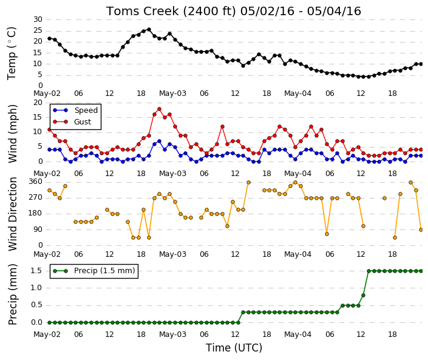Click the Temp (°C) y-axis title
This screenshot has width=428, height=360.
coord(12,53)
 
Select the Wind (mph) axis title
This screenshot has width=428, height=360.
coord(12,134)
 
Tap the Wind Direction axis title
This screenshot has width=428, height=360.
coord(12,214)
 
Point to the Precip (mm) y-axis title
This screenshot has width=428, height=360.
coord(12,294)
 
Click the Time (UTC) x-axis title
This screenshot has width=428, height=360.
coord(234,348)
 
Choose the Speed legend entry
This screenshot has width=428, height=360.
coord(75,110)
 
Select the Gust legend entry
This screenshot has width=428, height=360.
coord(72,122)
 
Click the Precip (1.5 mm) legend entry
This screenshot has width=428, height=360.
coord(94,271)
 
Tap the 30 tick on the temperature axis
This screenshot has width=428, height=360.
coord(38,19)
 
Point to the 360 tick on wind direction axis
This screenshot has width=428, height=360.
coord(35,182)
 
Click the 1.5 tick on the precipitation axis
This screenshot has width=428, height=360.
coord(36,271)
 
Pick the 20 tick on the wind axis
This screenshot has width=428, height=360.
coord(38,103)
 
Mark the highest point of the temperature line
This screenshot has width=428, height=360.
coord(149,29)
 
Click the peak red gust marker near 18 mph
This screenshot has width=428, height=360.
coord(160,109)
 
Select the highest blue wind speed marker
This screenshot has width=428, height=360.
coord(160,141)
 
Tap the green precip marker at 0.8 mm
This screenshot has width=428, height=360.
coord(363,295)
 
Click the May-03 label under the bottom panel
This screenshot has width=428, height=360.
coord(172,335)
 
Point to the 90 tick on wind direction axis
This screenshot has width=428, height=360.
coord(38,229)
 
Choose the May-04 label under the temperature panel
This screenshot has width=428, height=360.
coord(297,93)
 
